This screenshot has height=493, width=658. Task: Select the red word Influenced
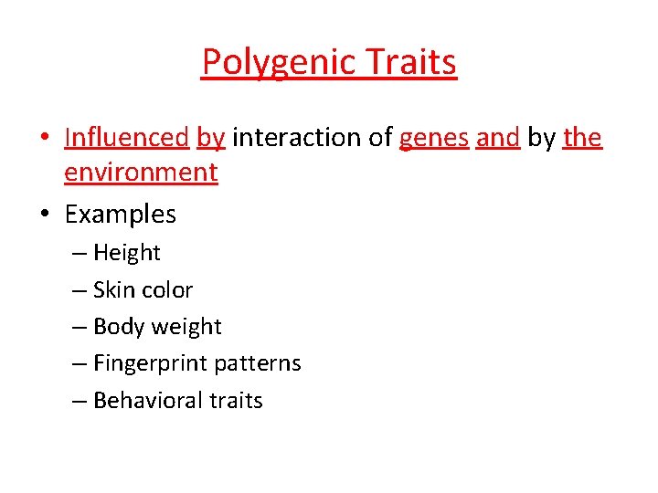pos(126,138)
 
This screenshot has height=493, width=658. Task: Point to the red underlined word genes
pos(434,139)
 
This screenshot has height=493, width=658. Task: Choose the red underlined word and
pos(498,138)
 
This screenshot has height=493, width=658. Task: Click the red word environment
pos(141,173)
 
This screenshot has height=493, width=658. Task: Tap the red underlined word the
pos(583,138)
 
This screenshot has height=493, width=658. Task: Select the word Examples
pos(121,215)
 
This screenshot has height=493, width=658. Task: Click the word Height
pos(126,253)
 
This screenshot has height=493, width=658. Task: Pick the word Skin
pos(113,290)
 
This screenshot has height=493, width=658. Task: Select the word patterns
pos(259,363)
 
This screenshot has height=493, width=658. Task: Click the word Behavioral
pos(147,401)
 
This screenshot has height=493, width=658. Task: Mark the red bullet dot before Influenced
pos(44,139)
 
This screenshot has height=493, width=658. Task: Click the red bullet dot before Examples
pos(44,215)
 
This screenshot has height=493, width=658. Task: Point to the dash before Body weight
pos(79,327)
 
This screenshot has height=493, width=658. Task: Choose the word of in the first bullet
pos(381,138)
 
